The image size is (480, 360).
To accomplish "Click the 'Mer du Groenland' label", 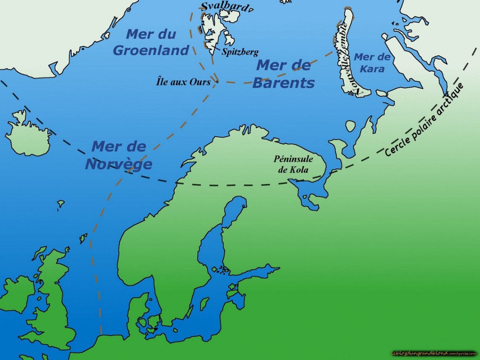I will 151,42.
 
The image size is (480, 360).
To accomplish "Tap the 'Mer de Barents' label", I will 283,74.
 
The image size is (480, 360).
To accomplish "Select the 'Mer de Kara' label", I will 372,62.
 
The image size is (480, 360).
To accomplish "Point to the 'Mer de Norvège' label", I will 118,155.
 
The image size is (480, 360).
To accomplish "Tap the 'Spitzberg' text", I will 240,52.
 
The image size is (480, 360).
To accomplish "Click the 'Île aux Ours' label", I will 183,82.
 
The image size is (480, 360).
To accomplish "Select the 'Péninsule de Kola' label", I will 293,164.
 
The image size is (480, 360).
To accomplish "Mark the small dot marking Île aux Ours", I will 217,82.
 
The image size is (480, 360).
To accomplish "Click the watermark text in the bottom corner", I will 434,353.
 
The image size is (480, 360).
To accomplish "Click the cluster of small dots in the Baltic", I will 221,269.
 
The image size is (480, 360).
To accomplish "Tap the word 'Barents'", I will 283,83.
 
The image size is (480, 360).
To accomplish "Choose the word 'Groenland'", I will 151,50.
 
